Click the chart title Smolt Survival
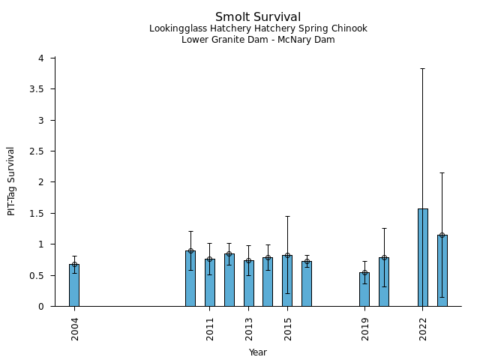pyautogui.click(x=258, y=16)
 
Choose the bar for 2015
pyautogui.click(x=287, y=280)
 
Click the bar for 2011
pyautogui.click(x=210, y=282)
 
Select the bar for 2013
pyautogui.click(x=249, y=283)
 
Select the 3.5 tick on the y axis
pyautogui.click(x=44, y=89)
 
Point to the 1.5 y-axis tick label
pyautogui.click(x=44, y=214)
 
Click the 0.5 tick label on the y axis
pyautogui.click(x=44, y=276)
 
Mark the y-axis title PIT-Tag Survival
pyautogui.click(x=11, y=181)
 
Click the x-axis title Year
pyautogui.click(x=258, y=352)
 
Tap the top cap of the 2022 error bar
pyautogui.click(x=423, y=68)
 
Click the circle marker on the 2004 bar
pyautogui.click(x=74, y=264)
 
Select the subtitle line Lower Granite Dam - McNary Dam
pyautogui.click(x=258, y=40)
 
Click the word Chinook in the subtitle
pyautogui.click(x=349, y=28)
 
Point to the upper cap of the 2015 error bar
pyautogui.click(x=287, y=217)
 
